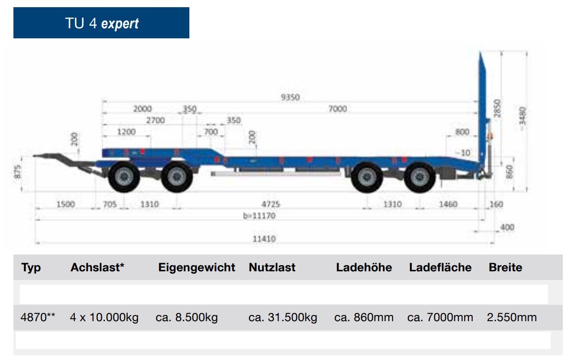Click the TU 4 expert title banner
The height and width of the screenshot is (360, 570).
tap(102, 23)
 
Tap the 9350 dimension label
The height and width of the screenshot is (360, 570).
tap(290, 97)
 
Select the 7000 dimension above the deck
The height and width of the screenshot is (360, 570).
tap(337, 109)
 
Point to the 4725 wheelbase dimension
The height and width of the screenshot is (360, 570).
tap(271, 204)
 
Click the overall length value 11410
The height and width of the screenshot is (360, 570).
tap(264, 239)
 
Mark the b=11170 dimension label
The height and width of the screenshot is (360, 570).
tap(259, 216)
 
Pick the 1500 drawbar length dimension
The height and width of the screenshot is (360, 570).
tap(65, 204)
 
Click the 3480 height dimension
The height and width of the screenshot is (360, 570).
tap(523, 116)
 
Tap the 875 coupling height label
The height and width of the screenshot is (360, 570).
tap(17, 172)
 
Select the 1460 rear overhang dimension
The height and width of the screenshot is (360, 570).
tap(448, 204)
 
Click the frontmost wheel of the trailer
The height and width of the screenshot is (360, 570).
tap(124, 177)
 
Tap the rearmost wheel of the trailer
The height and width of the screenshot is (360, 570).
tap(420, 177)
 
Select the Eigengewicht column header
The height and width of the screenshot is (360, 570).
tap(197, 267)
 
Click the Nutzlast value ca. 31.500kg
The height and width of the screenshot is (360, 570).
tap(283, 317)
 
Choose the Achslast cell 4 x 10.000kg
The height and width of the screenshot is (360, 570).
tap(105, 317)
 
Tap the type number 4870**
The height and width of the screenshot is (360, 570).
tap(38, 317)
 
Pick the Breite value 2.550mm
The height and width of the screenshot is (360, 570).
tap(512, 317)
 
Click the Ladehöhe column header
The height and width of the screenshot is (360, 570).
tap(364, 267)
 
